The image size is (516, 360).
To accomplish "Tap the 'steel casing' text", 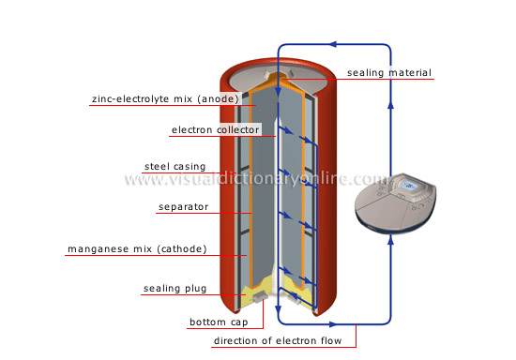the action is point(175,167).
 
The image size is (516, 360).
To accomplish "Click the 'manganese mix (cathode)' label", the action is point(137,249).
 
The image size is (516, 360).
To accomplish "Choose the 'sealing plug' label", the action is point(175,290).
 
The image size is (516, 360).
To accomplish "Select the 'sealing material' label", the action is point(388,73).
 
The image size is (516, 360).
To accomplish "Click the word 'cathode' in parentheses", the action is point(181,249).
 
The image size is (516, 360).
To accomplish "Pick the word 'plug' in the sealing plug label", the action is point(195,290).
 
